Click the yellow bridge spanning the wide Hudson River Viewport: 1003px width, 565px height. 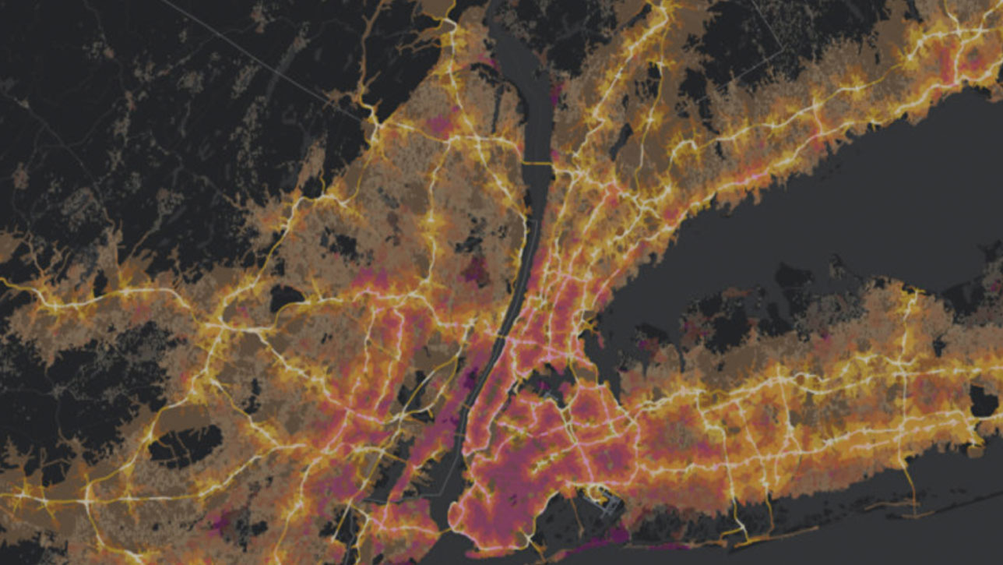coord(537,162)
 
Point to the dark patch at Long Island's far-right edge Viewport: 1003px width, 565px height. coord(984,401)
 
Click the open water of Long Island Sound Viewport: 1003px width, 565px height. coord(818,226)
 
